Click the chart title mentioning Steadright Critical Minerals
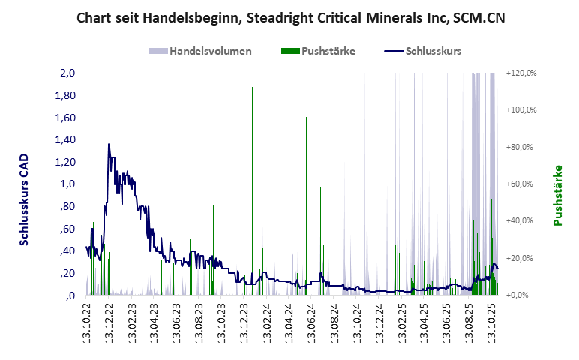(290, 18)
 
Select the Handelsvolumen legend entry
(200, 51)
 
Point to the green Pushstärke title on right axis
(557, 195)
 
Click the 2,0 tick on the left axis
(68, 73)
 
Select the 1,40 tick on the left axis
(66, 139)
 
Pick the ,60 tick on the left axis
(67, 229)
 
